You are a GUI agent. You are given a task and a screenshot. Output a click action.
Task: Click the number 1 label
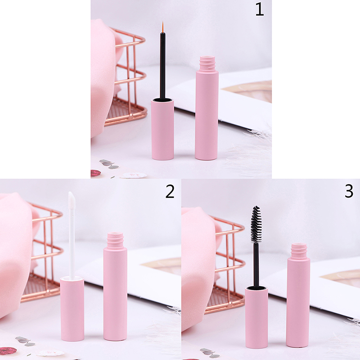pos(260,9)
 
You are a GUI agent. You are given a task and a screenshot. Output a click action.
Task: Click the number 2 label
pos(170,192)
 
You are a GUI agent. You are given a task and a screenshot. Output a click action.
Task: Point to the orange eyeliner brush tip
pos(163,27)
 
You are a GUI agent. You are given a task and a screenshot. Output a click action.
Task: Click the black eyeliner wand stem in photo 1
pos(162,66)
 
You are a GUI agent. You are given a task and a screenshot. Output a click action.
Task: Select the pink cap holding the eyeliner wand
pos(162,129)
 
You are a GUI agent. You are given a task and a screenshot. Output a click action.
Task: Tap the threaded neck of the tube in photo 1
pos(207,63)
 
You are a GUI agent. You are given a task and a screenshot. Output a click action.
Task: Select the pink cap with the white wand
pos(72,309)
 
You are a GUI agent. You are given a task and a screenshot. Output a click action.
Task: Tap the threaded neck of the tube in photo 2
pos(115,240)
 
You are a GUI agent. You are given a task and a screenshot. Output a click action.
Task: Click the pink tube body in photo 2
pos(115,294)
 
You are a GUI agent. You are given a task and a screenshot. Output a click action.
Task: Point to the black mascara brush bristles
pos(256,224)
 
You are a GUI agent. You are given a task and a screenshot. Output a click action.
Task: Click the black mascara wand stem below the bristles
pos(256,265)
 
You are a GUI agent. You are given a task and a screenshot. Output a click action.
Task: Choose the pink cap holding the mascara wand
pos(256,317)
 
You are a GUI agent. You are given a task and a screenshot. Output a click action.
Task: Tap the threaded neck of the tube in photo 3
pos(299,251)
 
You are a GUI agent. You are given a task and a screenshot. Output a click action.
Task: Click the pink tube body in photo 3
pos(298,302)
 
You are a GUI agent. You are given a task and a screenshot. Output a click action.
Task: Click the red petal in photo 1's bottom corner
pos(96,173)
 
